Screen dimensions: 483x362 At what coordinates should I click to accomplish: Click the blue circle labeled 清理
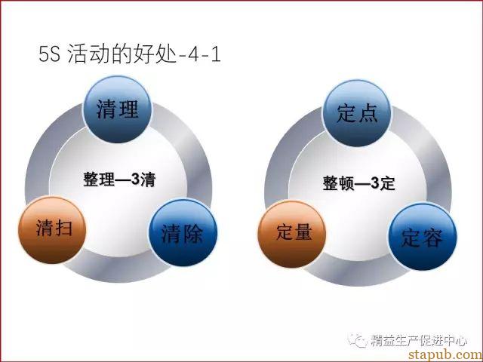tap(118, 109)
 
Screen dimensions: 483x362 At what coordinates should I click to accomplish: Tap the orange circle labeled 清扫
tap(52, 230)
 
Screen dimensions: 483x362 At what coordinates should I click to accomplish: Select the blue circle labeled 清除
tap(183, 232)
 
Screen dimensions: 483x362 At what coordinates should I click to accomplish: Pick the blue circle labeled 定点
tap(357, 113)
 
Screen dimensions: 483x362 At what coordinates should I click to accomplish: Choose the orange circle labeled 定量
tap(292, 234)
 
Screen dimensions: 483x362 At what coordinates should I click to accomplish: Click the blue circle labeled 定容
tap(423, 236)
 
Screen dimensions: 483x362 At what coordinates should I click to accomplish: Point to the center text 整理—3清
tap(119, 179)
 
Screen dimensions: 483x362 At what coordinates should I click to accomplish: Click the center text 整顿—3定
tap(359, 183)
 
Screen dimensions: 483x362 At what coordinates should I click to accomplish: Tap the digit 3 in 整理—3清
tap(135, 179)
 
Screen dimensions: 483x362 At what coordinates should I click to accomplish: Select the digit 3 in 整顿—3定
tap(374, 183)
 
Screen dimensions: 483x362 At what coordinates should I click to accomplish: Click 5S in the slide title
tap(49, 54)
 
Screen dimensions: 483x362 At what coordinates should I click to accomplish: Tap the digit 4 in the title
tap(193, 55)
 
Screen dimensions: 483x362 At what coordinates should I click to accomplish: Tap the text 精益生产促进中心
tap(419, 340)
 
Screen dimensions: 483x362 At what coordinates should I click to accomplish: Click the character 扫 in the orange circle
tap(63, 229)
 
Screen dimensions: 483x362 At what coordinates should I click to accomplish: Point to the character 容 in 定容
tap(432, 238)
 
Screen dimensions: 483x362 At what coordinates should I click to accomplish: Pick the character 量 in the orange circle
tap(303, 232)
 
